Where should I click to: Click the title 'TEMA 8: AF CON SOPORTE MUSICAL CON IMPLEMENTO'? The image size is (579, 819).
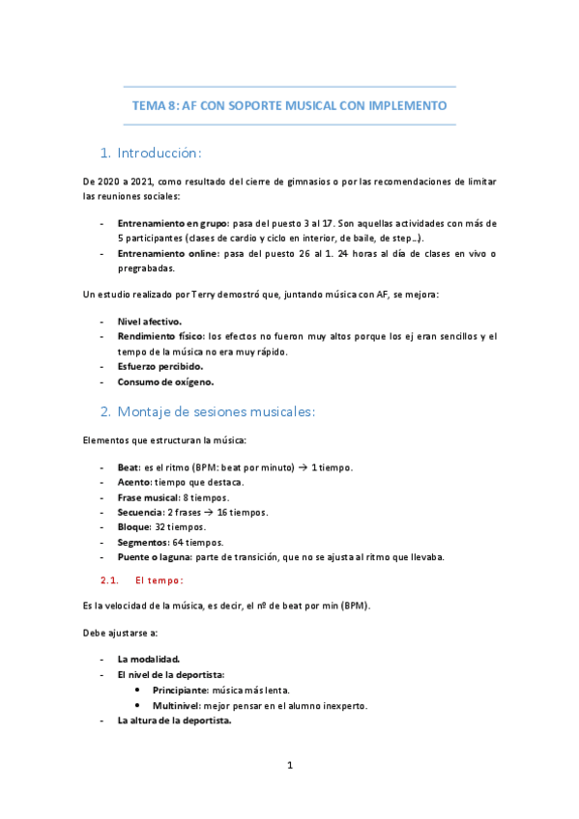click(289, 106)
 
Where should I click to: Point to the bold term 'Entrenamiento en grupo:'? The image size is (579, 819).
click(173, 223)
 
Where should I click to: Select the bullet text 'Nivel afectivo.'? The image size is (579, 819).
click(149, 320)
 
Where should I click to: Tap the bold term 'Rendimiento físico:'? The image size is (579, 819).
click(160, 336)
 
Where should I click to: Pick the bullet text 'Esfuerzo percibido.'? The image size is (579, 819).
click(160, 367)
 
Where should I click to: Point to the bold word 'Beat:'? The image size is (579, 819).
click(129, 467)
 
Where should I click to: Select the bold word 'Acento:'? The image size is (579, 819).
click(135, 482)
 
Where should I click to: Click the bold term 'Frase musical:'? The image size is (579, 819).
click(148, 497)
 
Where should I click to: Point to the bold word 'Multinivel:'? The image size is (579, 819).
click(179, 706)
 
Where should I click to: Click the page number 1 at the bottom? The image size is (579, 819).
click(289, 766)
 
